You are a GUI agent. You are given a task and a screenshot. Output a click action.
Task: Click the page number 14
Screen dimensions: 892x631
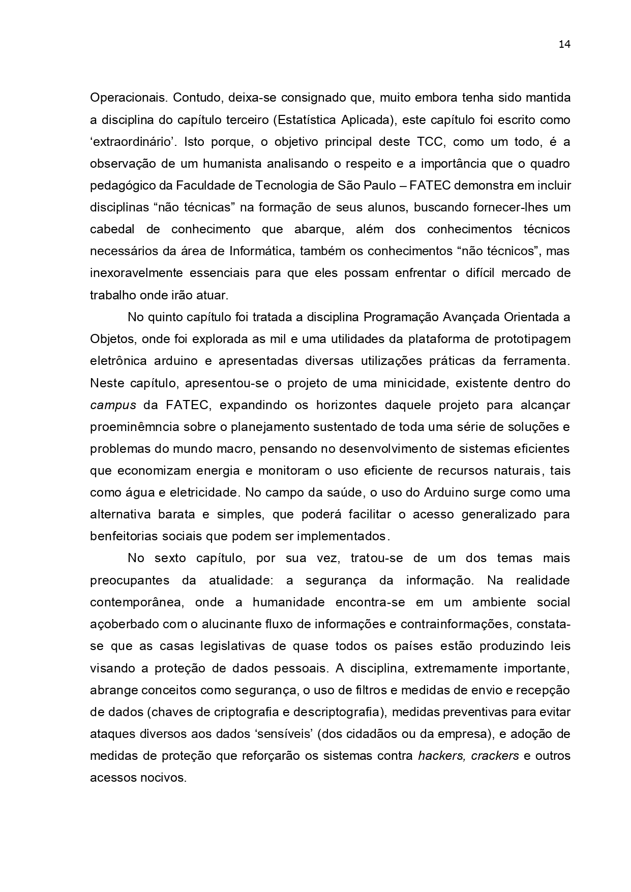[x=564, y=44]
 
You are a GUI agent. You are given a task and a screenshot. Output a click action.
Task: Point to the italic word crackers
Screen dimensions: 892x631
[x=495, y=756]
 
